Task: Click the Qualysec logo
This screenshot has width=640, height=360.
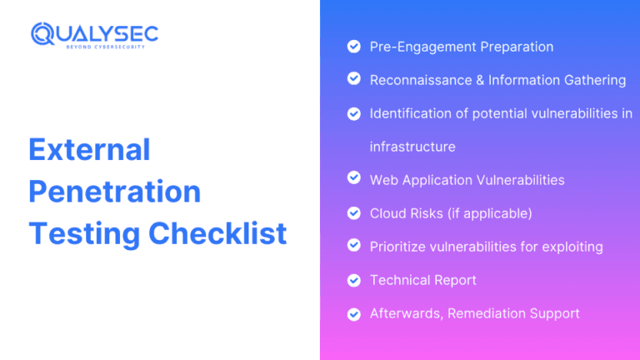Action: (x=94, y=33)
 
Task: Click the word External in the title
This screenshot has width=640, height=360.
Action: (x=89, y=150)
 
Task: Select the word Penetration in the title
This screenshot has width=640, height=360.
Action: (x=114, y=192)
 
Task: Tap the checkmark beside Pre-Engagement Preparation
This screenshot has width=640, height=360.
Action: (x=353, y=47)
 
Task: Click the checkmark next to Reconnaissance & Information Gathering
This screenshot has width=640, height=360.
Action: (x=353, y=79)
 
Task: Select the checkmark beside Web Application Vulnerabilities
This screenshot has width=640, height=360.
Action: (x=353, y=179)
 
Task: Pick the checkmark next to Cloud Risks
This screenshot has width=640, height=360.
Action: (x=353, y=212)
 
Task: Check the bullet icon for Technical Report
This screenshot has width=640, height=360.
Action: (x=353, y=280)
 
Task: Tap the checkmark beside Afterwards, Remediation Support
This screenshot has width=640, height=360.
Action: (x=353, y=313)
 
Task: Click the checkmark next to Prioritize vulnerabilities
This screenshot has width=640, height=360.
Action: (x=353, y=246)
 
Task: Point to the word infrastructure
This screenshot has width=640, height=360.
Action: (x=412, y=147)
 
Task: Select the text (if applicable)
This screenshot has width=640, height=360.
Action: (x=489, y=213)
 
